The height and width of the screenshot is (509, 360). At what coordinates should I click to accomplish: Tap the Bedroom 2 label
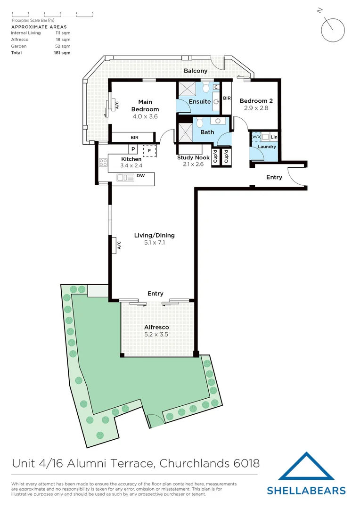coord(256,101)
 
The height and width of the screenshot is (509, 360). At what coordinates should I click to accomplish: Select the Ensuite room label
coord(200,101)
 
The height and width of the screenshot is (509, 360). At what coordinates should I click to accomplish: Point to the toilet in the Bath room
coord(199,123)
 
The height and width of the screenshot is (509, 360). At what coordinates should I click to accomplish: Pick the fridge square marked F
coord(149,151)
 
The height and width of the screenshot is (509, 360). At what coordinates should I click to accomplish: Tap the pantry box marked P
coord(133,149)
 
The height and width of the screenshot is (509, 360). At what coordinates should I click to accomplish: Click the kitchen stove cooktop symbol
coord(103,163)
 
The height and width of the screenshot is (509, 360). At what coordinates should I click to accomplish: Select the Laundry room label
coord(267,147)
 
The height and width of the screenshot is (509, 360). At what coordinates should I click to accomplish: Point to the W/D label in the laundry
coord(256,137)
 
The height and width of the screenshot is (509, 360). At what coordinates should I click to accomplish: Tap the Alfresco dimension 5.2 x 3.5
coord(156,334)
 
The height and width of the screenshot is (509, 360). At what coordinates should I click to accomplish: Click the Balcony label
coord(196,71)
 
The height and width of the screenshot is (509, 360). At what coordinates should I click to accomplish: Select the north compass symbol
coord(334,30)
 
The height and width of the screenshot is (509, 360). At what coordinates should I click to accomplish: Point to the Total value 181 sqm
coord(62,53)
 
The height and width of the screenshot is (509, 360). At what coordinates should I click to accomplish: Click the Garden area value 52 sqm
coord(63,46)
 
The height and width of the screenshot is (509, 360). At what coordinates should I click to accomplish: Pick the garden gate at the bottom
coord(154,419)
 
